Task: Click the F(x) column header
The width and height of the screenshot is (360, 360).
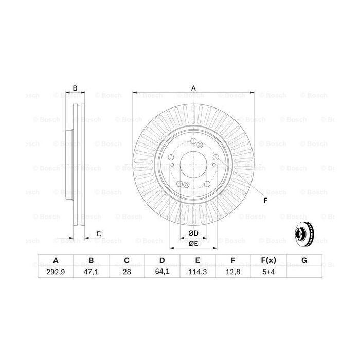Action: click(269, 261)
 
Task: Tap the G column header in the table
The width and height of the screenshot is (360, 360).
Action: click(304, 261)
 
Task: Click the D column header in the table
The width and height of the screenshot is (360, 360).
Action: click(163, 261)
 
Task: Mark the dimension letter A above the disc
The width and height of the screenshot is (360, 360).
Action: click(194, 88)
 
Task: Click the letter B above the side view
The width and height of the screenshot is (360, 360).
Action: click(75, 88)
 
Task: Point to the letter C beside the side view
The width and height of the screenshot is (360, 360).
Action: click(98, 234)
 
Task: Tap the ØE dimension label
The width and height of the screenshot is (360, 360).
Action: click(193, 243)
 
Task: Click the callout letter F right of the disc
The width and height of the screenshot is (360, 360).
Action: click(265, 201)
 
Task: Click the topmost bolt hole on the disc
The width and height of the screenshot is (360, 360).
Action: click(192, 143)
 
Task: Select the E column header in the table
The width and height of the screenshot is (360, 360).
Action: click(198, 261)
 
